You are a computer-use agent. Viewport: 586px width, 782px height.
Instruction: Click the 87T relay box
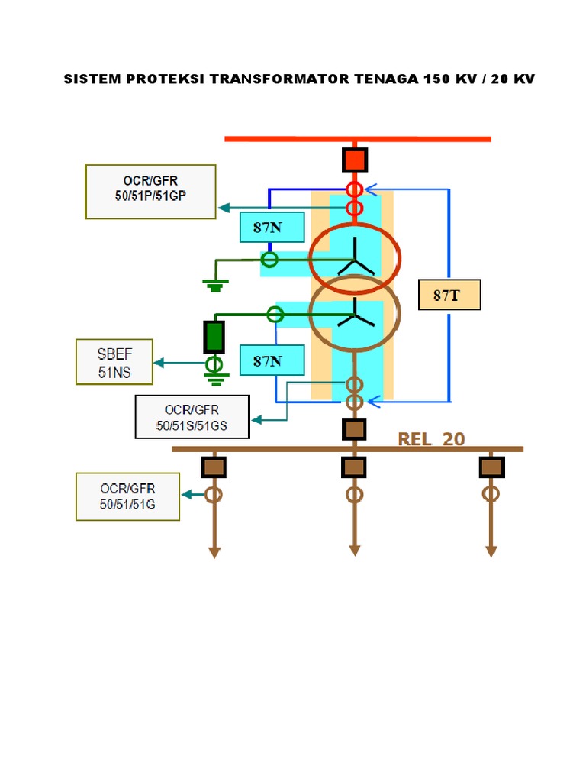pyautogui.click(x=449, y=295)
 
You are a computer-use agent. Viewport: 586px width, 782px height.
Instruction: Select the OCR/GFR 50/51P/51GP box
pyautogui.click(x=151, y=192)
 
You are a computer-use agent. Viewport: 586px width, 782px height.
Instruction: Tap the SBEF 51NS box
pyautogui.click(x=114, y=361)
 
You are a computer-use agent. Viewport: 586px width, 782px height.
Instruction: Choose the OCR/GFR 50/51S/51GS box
pyautogui.click(x=192, y=417)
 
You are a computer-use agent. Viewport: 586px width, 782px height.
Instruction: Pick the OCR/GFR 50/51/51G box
pyautogui.click(x=127, y=496)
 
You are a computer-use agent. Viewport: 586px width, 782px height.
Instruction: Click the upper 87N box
pyautogui.click(x=272, y=227)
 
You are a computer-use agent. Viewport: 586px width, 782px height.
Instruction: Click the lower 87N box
pyautogui.click(x=272, y=360)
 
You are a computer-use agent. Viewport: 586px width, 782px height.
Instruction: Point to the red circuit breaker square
pyautogui.click(x=354, y=160)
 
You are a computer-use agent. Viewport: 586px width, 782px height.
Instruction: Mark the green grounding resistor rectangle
pyautogui.click(x=214, y=336)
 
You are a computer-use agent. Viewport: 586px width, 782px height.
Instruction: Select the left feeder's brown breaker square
pyautogui.click(x=214, y=466)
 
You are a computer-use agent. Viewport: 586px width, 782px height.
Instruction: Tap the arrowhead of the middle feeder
pyautogui.click(x=354, y=551)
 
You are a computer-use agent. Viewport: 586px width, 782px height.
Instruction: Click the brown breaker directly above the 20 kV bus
pyautogui.click(x=354, y=429)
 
